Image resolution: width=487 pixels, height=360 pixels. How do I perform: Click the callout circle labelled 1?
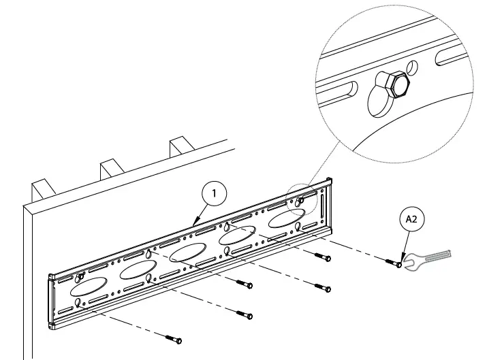[x=214, y=194]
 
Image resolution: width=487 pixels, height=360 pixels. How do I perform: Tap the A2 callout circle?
[x=412, y=219]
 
